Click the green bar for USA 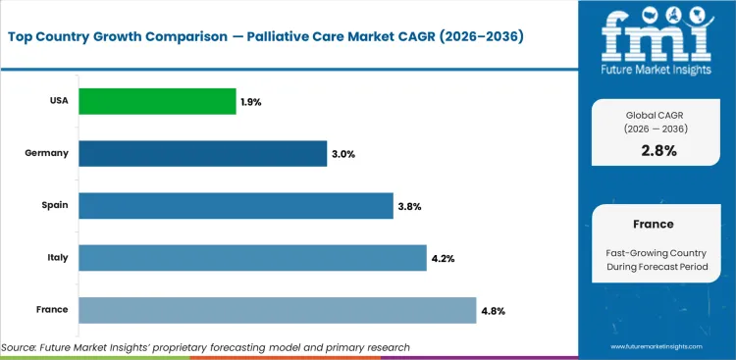point(157,101)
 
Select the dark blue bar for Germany point(202,153)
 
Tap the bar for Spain point(236,205)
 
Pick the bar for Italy point(252,258)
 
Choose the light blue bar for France point(277,310)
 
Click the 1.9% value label point(252,101)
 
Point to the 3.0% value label point(342,153)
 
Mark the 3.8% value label point(409,206)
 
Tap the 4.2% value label point(443,258)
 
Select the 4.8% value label point(493,310)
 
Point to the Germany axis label point(48,153)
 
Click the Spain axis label point(53,205)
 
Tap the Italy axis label point(56,258)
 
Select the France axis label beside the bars point(52,310)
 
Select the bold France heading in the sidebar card point(652,224)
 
